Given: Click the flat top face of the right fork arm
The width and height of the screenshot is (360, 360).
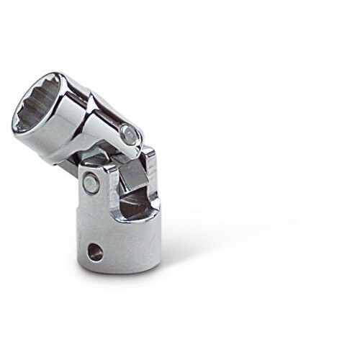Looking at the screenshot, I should click(x=148, y=153).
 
